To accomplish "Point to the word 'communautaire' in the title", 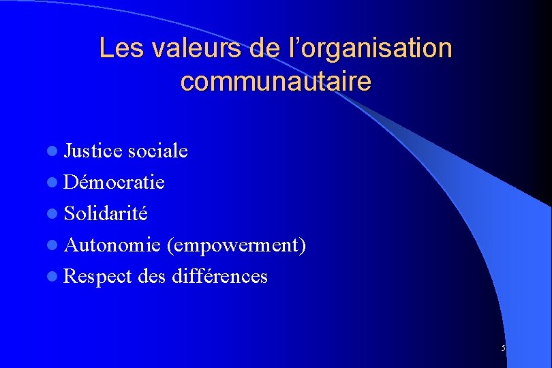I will (276, 82).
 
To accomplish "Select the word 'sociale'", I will (156, 151).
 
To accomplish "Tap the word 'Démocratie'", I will (114, 182).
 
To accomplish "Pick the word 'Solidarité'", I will (105, 213).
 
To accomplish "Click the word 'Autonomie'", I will (112, 245).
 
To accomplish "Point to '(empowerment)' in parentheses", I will (236, 245).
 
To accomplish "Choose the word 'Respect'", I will (97, 276).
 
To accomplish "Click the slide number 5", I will (503, 348).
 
